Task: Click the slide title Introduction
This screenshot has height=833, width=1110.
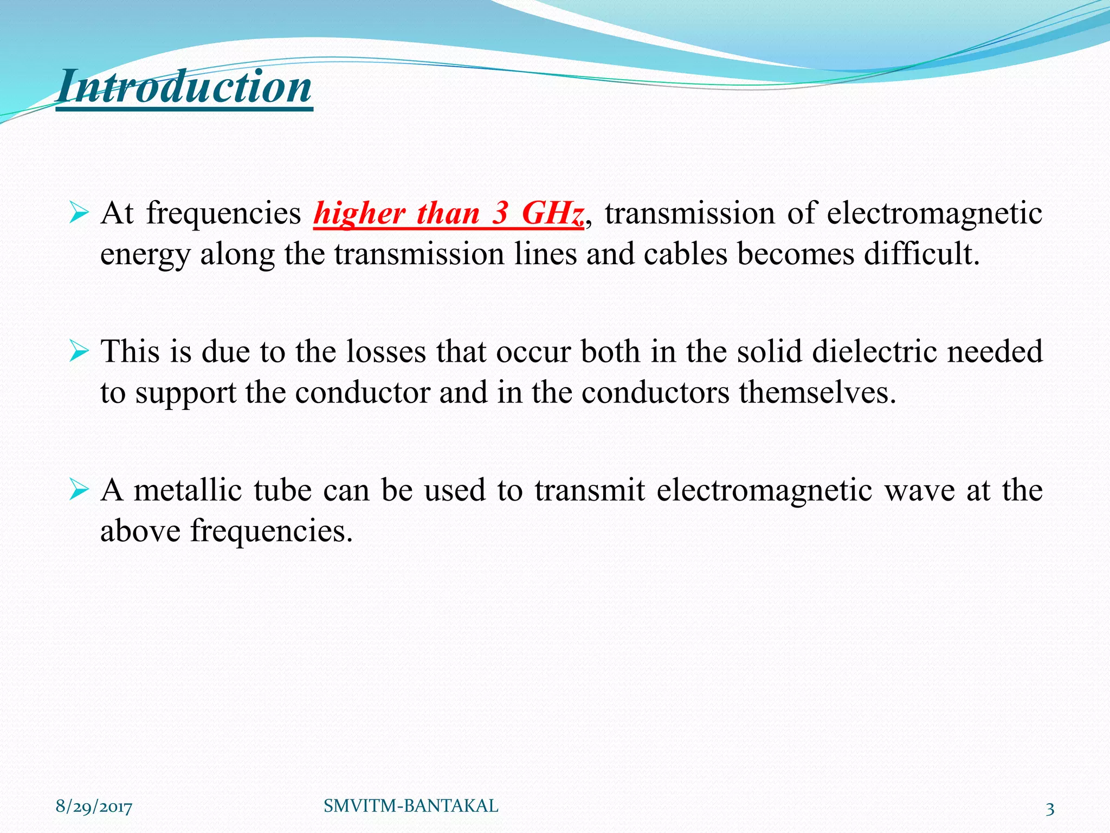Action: (184, 87)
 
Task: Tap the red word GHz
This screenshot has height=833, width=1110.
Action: (552, 213)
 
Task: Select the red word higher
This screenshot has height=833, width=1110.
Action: (359, 213)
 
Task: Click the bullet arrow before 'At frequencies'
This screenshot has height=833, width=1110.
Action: (79, 213)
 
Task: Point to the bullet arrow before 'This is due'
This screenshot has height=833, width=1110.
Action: (79, 352)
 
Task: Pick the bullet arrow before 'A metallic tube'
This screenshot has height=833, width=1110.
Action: (79, 490)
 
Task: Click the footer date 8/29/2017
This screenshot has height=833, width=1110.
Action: (94, 807)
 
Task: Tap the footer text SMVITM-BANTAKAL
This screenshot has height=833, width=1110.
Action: (411, 806)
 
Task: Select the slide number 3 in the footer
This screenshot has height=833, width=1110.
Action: (1050, 809)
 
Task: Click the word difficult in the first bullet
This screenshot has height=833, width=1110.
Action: (921, 253)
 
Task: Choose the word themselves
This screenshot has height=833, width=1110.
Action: (817, 392)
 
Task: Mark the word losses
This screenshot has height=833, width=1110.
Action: (386, 351)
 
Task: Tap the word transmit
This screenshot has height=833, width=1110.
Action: (590, 490)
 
